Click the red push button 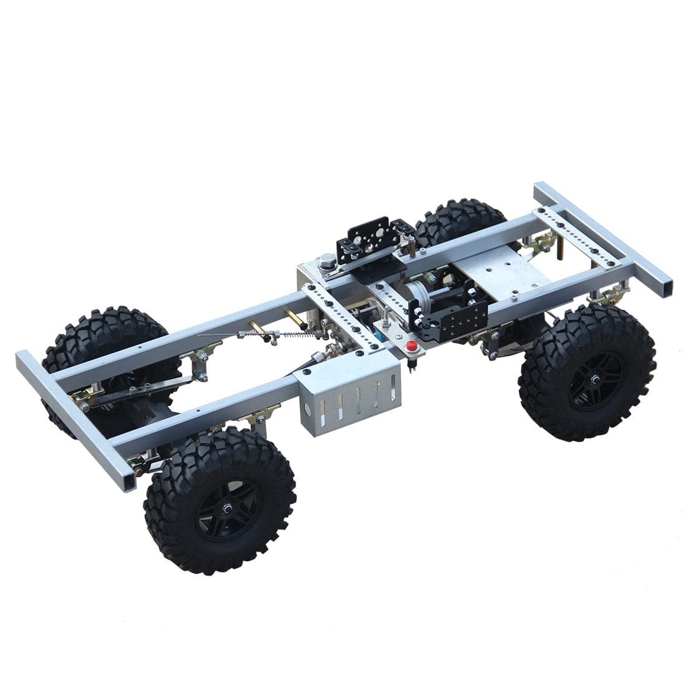click(x=410, y=347)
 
